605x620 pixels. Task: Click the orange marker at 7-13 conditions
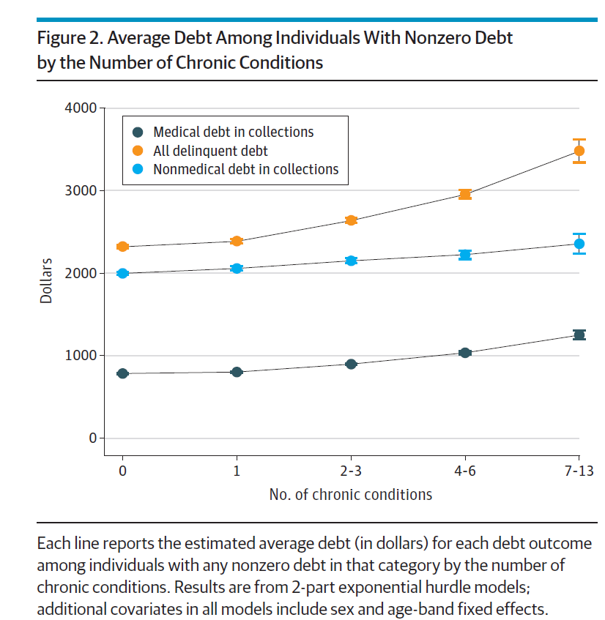click(579, 151)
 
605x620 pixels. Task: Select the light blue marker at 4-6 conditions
click(464, 255)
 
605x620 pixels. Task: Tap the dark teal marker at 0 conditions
click(122, 373)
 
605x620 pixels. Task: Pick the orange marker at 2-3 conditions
click(351, 220)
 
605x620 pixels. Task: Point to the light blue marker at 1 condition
click(237, 269)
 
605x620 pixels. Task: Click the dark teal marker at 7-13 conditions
click(579, 335)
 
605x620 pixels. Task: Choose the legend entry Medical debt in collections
click(233, 132)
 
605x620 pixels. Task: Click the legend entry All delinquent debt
click(210, 152)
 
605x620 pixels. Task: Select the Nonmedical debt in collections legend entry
click(245, 170)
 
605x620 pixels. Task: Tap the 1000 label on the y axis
click(82, 356)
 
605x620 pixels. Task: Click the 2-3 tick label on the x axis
click(351, 471)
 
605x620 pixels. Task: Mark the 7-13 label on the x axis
click(579, 471)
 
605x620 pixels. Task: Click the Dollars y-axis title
click(47, 273)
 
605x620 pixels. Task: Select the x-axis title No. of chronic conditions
click(350, 495)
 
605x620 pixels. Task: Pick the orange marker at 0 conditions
click(122, 247)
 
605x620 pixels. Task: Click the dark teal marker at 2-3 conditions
click(351, 364)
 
